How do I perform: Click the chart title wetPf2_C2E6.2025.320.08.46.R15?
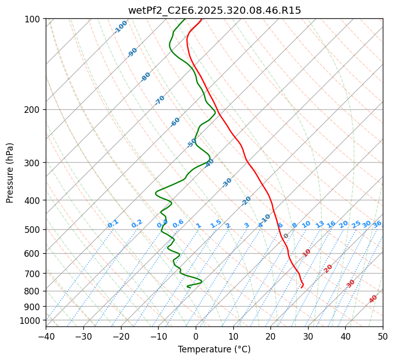214,10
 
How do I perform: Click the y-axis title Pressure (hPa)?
10,173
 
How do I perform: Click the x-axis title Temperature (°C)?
214,350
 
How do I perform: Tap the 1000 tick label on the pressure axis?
31,321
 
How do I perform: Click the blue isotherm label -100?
120,27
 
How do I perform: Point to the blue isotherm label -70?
160,100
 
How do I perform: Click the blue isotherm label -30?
227,183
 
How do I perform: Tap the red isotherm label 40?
373,299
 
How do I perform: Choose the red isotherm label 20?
328,268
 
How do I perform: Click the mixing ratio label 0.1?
113,223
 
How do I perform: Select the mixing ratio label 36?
377,224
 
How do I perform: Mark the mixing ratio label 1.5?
216,223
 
